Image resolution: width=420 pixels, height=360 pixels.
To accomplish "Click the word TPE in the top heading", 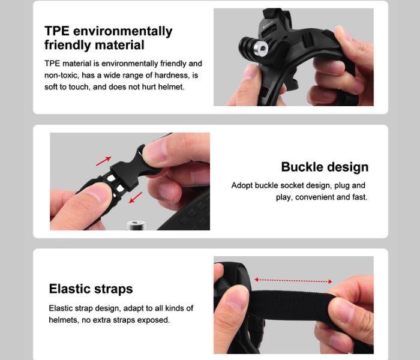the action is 57,31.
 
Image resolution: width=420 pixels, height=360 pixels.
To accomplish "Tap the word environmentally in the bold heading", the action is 122,32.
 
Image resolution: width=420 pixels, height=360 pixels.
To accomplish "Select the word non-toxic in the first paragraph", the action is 62,75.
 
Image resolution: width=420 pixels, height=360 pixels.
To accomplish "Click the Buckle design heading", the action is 325,167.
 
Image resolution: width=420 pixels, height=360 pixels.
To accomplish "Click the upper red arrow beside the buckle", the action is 103,161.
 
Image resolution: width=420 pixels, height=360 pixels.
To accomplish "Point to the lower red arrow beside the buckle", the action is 136,197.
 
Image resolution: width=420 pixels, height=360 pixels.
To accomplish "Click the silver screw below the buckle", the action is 136,225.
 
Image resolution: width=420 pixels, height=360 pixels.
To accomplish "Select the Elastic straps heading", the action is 91,289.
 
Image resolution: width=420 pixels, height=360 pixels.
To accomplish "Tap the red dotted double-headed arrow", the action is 293,281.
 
